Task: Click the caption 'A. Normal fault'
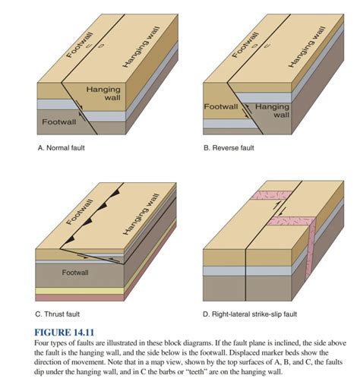(x=63, y=149)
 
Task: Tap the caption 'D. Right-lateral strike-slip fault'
(x=259, y=313)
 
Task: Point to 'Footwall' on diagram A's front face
(x=59, y=121)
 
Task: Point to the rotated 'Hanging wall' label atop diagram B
(x=308, y=47)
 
